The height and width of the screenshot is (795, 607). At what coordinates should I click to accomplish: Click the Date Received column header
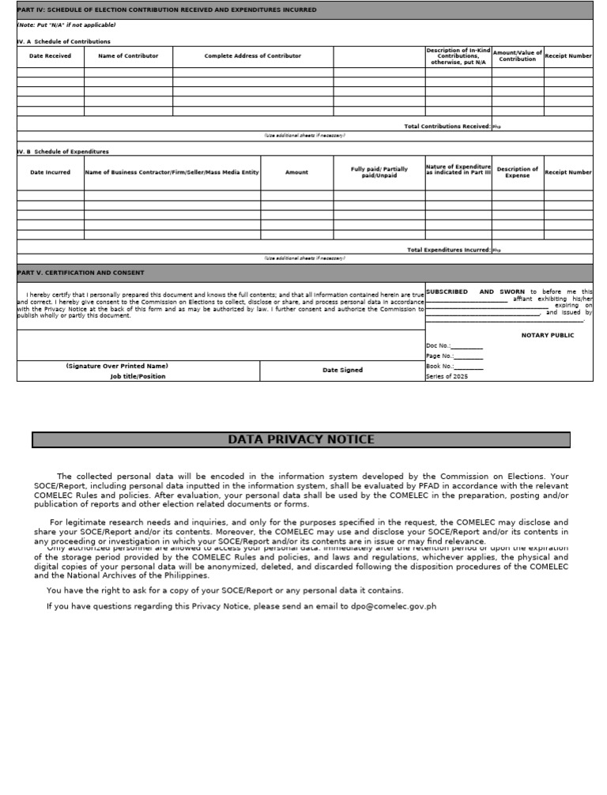50,56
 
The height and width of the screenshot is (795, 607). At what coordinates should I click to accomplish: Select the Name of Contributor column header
128,56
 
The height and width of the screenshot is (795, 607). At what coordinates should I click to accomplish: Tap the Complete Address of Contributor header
253,56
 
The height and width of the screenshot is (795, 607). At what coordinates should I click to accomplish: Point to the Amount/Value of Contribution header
518,56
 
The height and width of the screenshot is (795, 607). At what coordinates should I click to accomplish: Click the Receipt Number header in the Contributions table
568,56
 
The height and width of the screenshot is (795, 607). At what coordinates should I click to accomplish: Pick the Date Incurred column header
50,172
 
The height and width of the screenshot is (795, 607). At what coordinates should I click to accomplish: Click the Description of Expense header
518,172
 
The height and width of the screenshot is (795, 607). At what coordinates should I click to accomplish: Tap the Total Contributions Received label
447,126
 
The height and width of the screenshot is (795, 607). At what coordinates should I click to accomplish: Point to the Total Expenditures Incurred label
449,250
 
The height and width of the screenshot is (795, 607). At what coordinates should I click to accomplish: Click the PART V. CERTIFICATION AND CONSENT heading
81,273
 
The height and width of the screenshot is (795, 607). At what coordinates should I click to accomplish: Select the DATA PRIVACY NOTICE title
301,439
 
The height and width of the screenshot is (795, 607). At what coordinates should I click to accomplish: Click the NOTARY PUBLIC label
548,335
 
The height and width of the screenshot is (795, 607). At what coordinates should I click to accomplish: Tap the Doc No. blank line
467,346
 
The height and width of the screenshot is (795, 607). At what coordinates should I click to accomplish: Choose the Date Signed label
342,370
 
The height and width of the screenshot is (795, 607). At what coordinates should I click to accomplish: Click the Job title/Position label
138,376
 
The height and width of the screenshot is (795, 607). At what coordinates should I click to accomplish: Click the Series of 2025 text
447,376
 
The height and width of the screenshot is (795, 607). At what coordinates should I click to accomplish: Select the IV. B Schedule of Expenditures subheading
63,151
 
